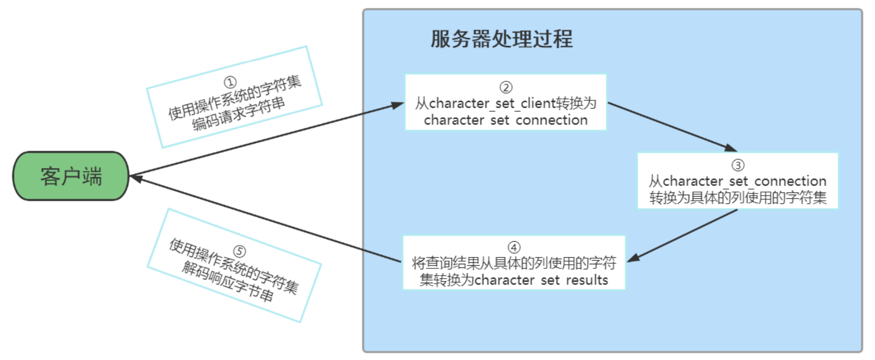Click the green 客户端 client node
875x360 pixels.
click(70, 176)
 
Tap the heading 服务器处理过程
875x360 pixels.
click(501, 39)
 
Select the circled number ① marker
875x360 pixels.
click(230, 82)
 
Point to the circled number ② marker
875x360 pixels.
click(506, 87)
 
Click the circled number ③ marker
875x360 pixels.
click(738, 165)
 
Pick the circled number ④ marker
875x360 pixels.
click(514, 247)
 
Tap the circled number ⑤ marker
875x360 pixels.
click(239, 251)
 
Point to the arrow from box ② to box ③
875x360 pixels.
click(672, 127)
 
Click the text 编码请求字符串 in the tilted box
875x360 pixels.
click(238, 114)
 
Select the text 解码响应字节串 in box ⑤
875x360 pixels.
click(227, 281)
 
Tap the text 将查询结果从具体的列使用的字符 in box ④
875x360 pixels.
click(514, 263)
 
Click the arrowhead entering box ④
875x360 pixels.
click(633, 258)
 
